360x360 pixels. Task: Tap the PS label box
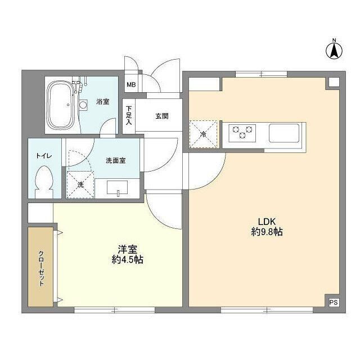334,302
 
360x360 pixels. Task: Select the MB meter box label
130,85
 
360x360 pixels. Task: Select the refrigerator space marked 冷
203,134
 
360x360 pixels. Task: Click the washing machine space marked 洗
80,185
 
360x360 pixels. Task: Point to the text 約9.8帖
266,231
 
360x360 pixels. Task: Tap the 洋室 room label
126,249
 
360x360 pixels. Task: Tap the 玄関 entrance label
162,116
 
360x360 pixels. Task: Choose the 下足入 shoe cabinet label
129,116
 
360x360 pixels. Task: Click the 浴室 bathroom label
102,102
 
